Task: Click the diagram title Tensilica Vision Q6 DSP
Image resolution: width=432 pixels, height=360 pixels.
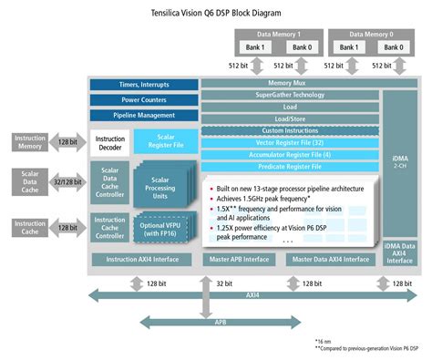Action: [216, 12]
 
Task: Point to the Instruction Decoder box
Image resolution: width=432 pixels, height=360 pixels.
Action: [110, 142]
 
